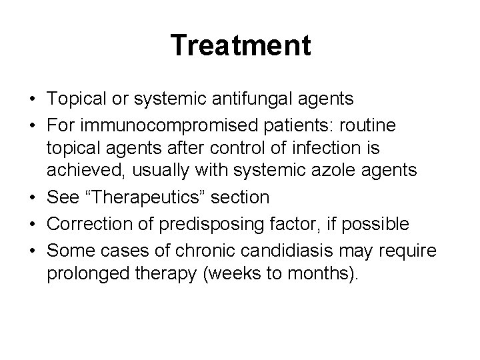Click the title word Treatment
[x=240, y=46]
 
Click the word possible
[x=375, y=224]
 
